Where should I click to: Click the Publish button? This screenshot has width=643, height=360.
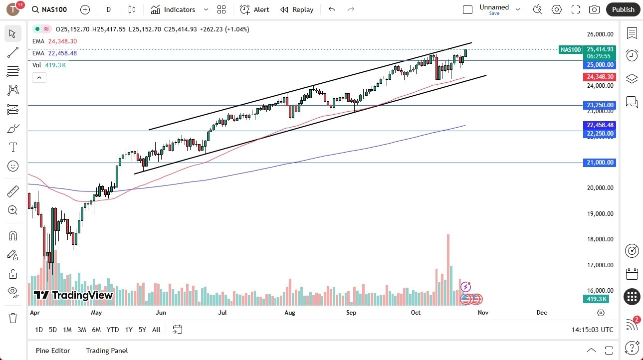(623, 9)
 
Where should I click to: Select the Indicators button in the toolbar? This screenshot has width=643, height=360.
(173, 9)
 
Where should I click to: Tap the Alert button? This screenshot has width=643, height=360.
(254, 9)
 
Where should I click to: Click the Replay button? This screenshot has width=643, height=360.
(297, 9)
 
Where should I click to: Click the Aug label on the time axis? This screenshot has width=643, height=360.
(290, 313)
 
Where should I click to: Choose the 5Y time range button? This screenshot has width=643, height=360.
(142, 330)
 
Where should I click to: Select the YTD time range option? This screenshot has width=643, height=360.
(113, 330)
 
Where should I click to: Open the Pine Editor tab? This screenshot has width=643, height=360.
(53, 351)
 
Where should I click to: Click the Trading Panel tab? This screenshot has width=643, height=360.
(107, 351)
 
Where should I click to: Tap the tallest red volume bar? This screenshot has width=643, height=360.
(448, 269)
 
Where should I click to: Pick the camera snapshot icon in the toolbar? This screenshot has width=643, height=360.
(594, 9)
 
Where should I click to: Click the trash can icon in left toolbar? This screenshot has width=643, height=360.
(13, 318)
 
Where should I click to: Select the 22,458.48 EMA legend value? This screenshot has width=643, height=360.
(62, 53)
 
